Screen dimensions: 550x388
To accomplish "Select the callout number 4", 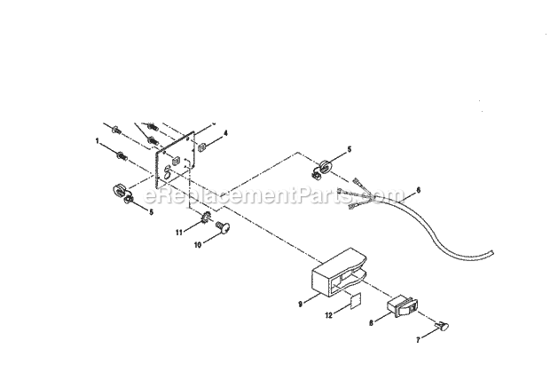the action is point(225,133).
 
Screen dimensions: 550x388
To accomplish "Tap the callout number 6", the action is point(418,190).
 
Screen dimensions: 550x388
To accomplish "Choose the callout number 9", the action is point(301,303).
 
